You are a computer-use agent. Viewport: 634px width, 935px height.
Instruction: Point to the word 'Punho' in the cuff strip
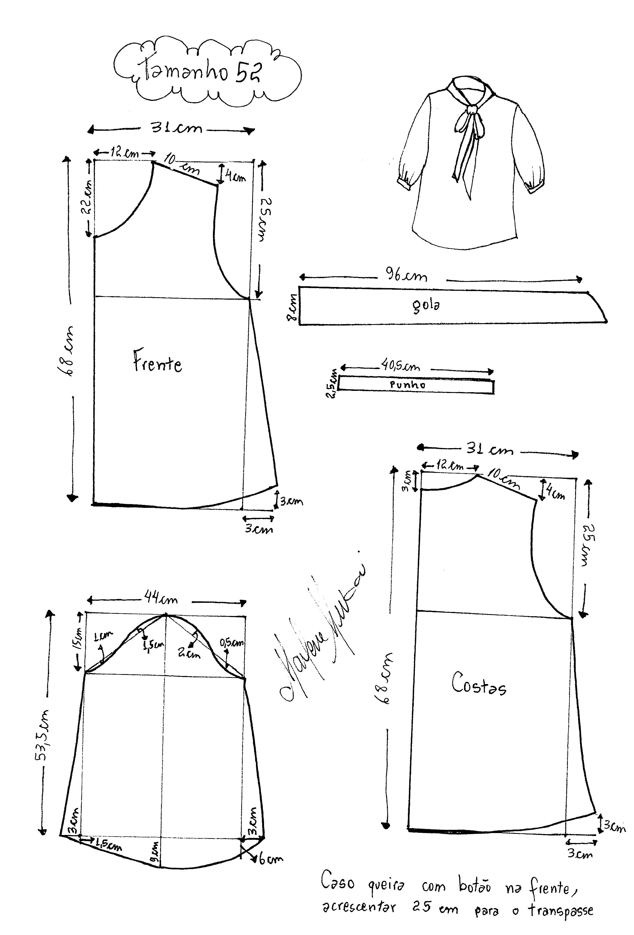click(408, 385)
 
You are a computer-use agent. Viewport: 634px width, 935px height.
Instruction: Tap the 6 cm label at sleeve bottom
click(270, 859)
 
